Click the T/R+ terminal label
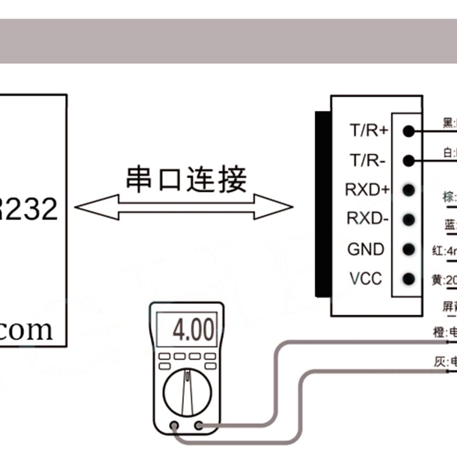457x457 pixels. click(368, 131)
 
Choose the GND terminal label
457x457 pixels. click(366, 249)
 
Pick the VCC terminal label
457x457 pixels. click(366, 279)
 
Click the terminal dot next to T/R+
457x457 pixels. click(408, 131)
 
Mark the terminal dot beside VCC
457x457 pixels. click(408, 279)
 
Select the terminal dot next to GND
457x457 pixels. click(408, 249)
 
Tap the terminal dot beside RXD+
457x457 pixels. click(408, 189)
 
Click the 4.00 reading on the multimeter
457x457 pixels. click(194, 330)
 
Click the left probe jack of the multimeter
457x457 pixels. click(174, 425)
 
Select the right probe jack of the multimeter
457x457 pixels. click(199, 425)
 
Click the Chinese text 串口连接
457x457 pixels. click(186, 179)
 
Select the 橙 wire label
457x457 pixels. click(438, 331)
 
